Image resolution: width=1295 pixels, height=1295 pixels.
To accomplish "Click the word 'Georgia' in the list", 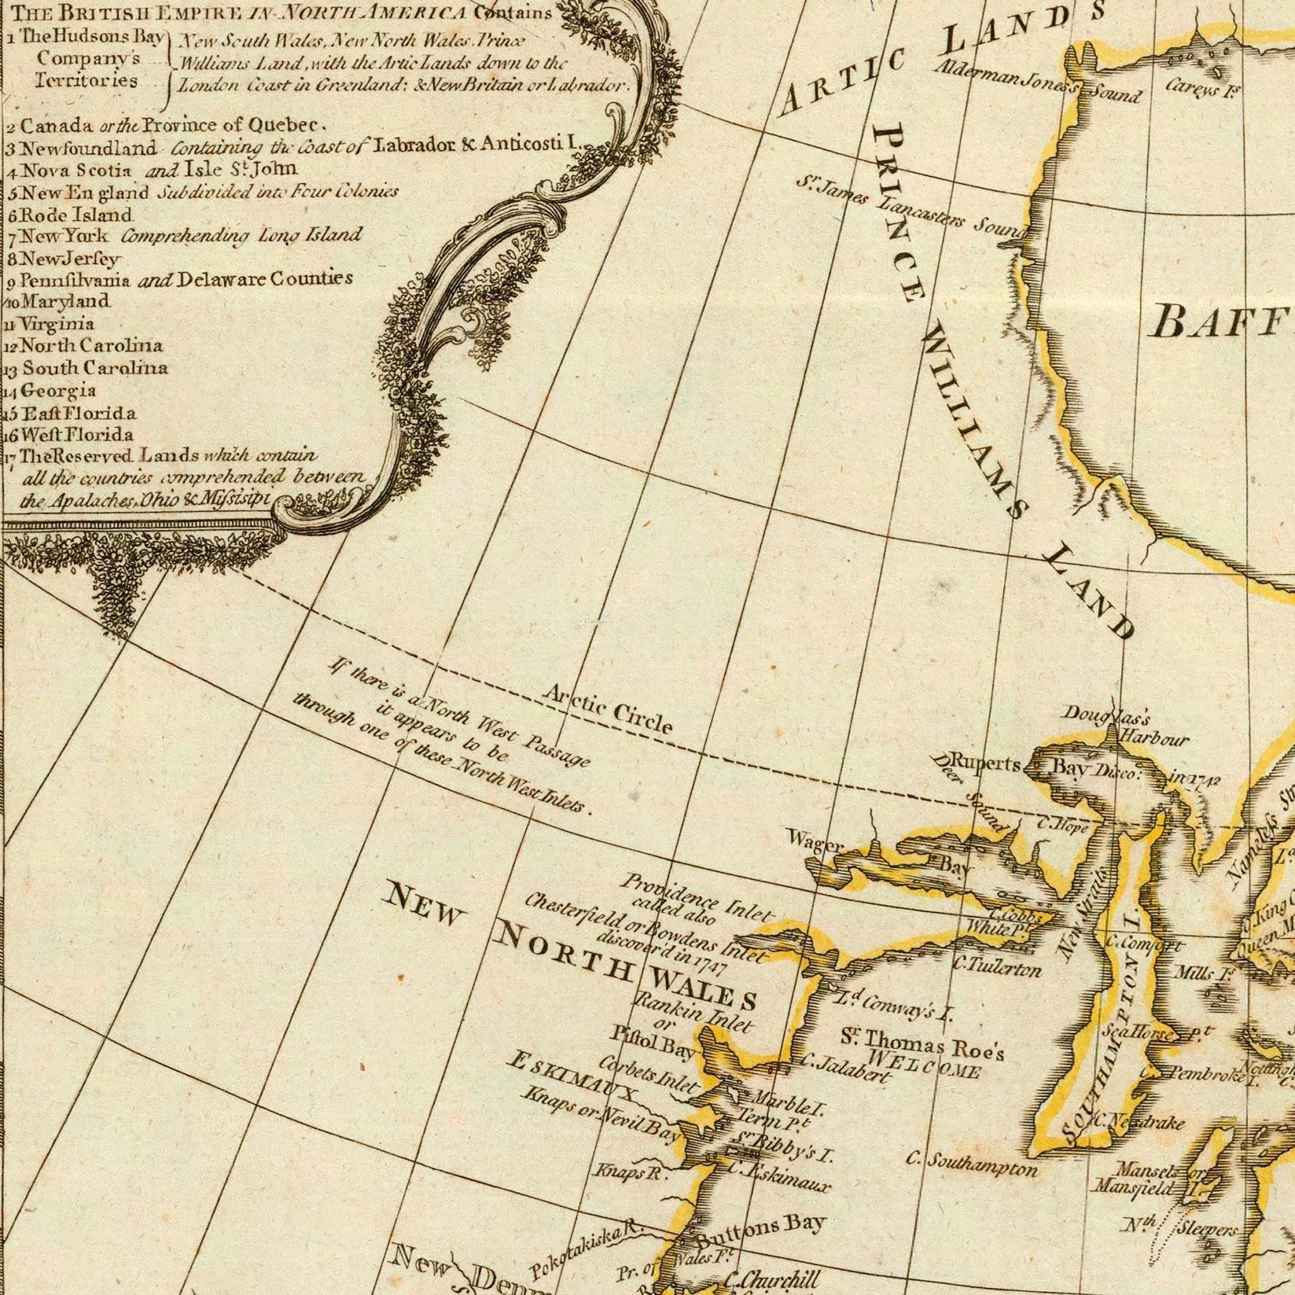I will [59, 390].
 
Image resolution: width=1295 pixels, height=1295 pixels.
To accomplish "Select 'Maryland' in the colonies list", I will [65, 301].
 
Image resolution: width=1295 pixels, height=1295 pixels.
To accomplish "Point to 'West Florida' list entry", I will [77, 435].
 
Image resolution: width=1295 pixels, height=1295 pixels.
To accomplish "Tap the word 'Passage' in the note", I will [556, 750].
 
